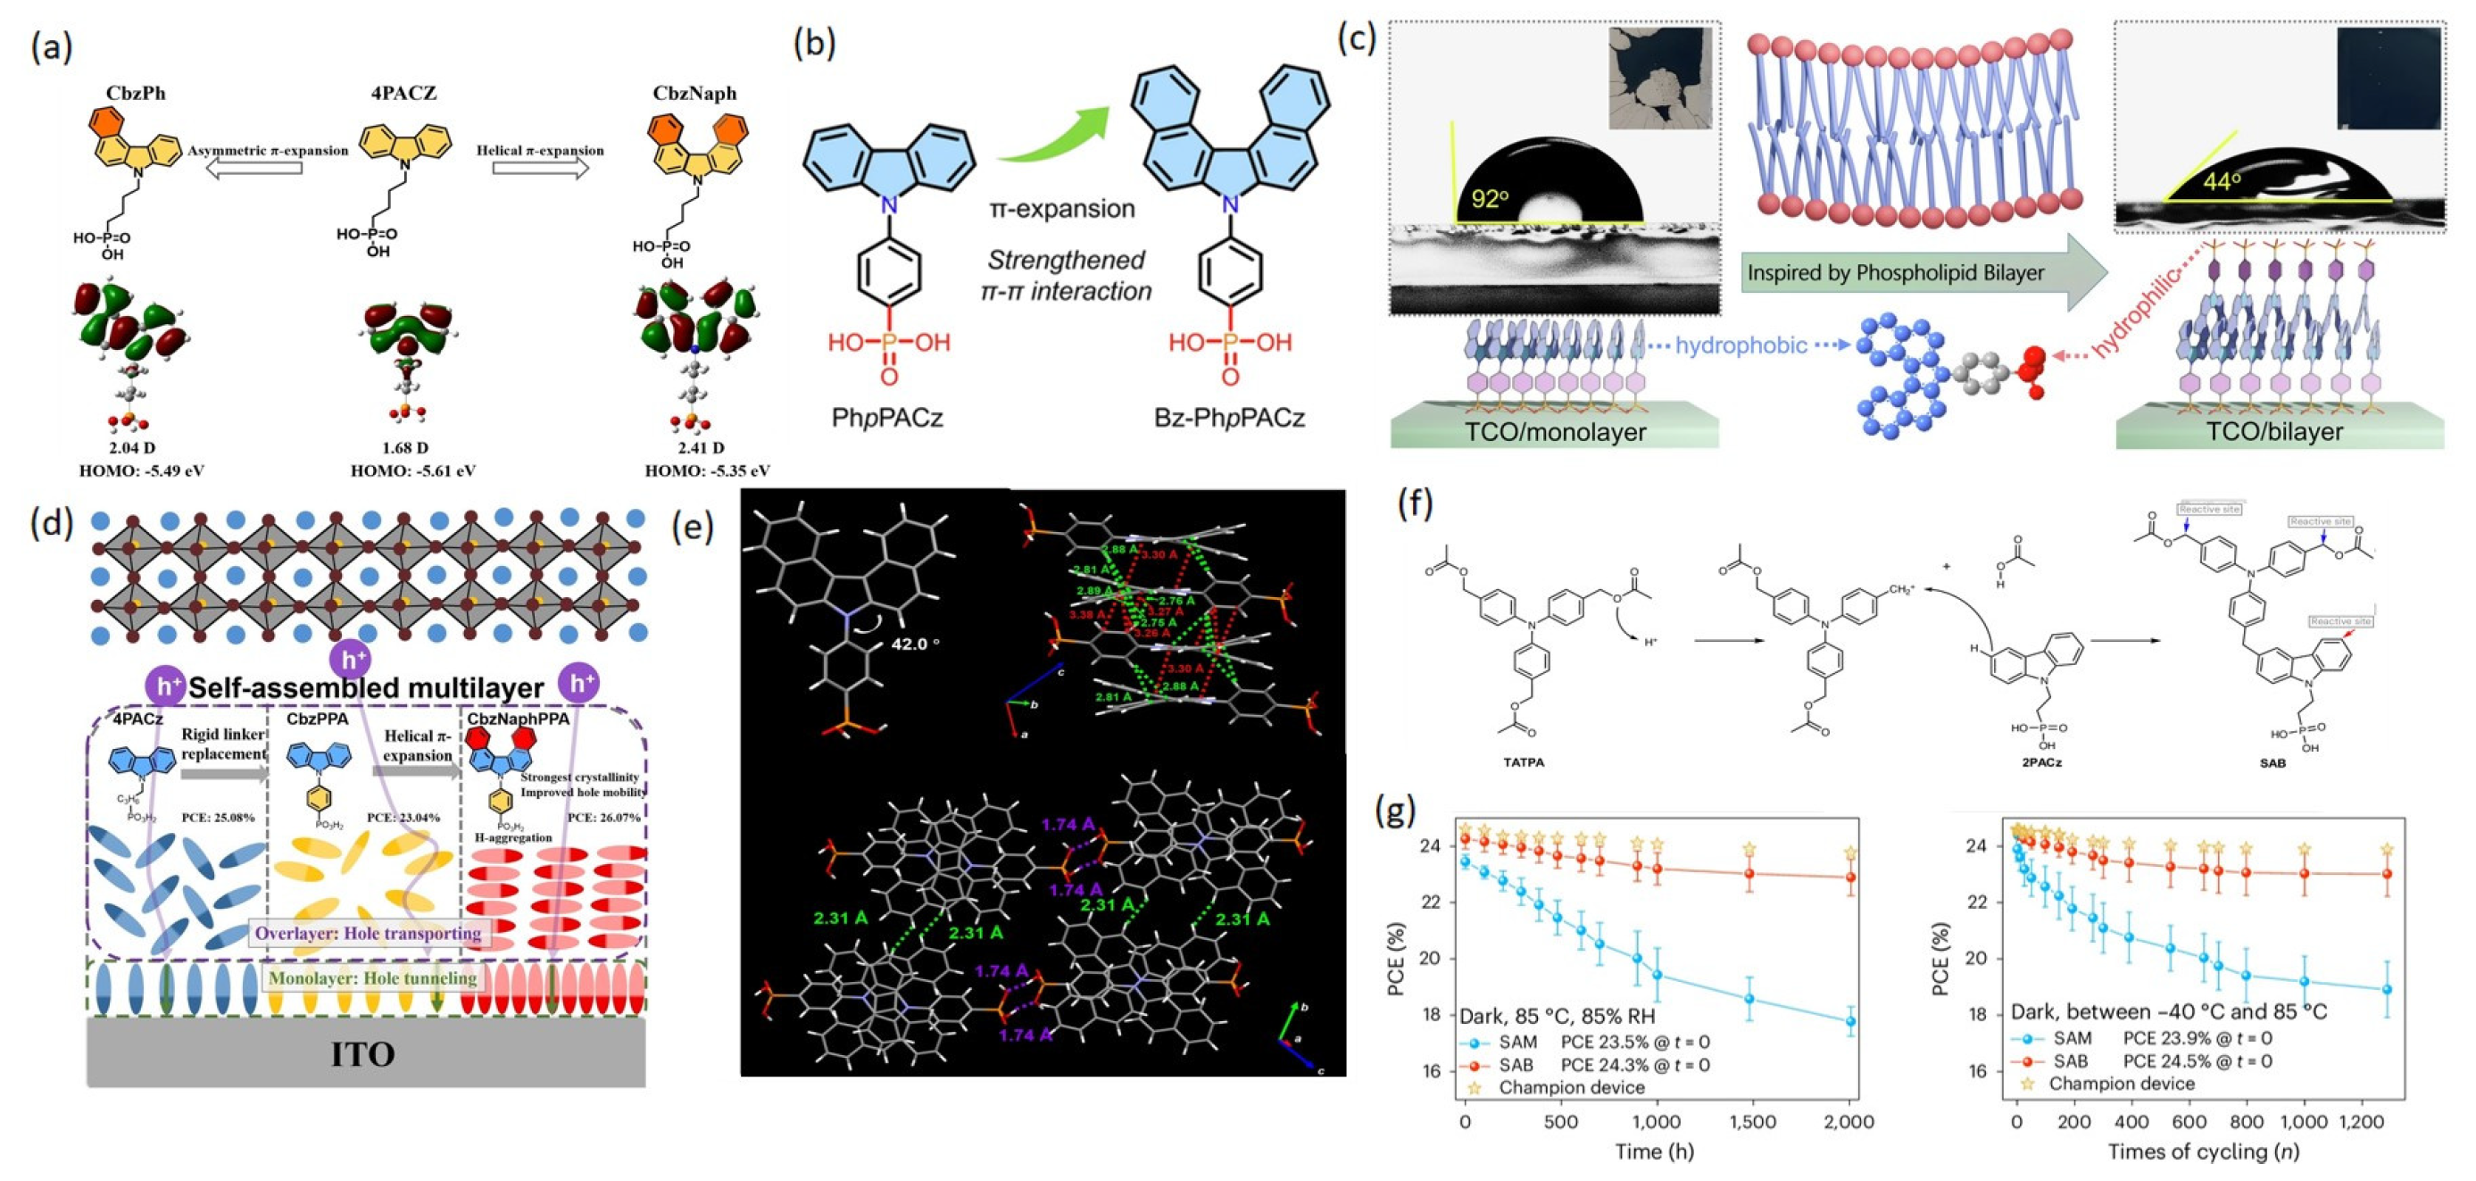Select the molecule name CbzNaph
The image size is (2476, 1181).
click(694, 93)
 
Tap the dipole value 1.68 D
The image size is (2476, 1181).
click(404, 448)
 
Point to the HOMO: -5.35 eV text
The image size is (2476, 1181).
click(708, 470)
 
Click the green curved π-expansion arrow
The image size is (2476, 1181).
click(1052, 136)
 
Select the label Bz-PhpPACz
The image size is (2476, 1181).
click(1229, 418)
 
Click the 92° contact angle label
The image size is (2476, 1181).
click(1490, 200)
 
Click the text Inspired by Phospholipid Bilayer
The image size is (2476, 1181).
click(1894, 273)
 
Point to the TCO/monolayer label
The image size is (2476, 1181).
click(1554, 431)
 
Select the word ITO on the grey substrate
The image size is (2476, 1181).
click(362, 1054)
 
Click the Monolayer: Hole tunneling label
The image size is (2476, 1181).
click(373, 978)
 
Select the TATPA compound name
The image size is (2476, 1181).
click(1523, 762)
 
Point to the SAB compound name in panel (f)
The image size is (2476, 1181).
click(2272, 762)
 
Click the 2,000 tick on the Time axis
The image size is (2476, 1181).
click(1849, 1121)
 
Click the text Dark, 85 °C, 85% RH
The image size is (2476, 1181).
click(1558, 1016)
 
